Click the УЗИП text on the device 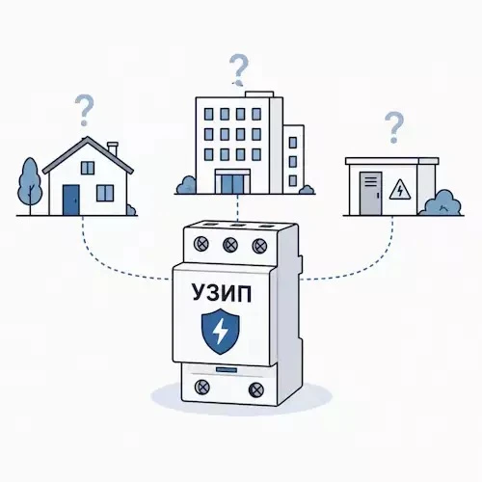click(x=222, y=293)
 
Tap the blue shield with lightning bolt click(x=221, y=332)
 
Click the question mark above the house click(x=84, y=110)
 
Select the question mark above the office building click(x=239, y=70)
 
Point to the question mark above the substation click(x=394, y=127)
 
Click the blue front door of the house click(x=71, y=200)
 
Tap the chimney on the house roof click(x=113, y=148)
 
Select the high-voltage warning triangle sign click(x=400, y=190)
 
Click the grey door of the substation click(x=371, y=194)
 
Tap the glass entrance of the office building click(x=232, y=181)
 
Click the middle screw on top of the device click(x=230, y=245)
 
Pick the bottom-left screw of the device click(x=202, y=388)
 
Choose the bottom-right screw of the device click(x=256, y=389)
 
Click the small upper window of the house click(x=88, y=168)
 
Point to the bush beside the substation click(x=442, y=202)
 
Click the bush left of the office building click(x=186, y=185)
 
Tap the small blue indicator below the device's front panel click(x=227, y=370)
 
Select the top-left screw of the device click(x=201, y=244)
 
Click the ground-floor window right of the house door click(x=105, y=193)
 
